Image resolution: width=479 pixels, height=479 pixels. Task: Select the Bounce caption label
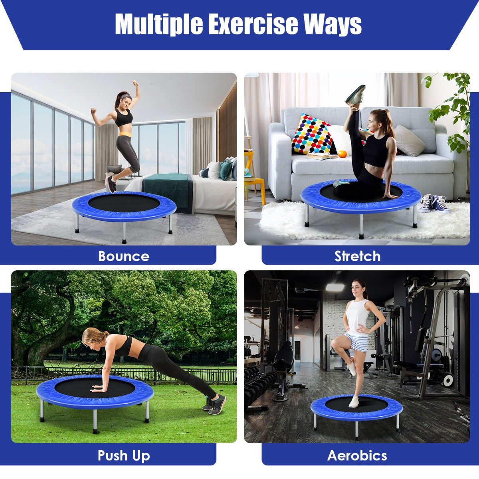coord(124,256)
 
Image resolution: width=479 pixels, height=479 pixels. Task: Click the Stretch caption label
coord(357,256)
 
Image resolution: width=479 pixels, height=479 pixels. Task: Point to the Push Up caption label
coord(124,455)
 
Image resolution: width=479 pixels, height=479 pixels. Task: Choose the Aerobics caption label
coord(357,455)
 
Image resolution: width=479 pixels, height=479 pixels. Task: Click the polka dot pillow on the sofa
coord(312,135)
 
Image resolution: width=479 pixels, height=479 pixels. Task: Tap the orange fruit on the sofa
coord(342,154)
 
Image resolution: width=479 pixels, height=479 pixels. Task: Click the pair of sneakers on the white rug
coord(434,203)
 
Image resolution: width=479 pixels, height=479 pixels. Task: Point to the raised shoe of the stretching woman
coord(356,95)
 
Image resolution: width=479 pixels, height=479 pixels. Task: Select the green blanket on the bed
coord(167,190)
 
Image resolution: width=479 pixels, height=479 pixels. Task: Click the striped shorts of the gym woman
coord(356,342)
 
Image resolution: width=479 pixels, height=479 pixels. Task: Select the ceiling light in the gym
coord(335,287)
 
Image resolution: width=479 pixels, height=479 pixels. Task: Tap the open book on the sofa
coord(322,156)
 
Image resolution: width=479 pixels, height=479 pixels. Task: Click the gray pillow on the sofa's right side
coord(409,141)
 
